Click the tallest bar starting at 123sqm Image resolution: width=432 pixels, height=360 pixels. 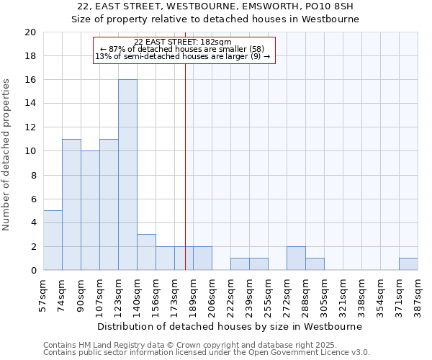coord(127,175)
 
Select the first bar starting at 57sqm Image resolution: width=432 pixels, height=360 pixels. coord(53,240)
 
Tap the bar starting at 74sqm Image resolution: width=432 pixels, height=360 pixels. coord(71,204)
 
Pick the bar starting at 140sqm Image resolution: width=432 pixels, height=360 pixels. coord(146,252)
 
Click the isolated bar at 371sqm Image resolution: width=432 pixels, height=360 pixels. coord(408,264)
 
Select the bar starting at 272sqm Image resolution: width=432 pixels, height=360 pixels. coord(296,258)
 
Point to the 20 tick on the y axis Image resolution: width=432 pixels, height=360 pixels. coord(30,32)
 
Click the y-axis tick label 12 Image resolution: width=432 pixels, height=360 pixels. coord(30,127)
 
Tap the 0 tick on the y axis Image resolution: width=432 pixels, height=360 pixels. coord(33,271)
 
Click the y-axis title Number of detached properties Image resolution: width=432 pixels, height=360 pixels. coord(7,155)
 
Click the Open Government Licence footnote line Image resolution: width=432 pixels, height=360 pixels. coord(207,353)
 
